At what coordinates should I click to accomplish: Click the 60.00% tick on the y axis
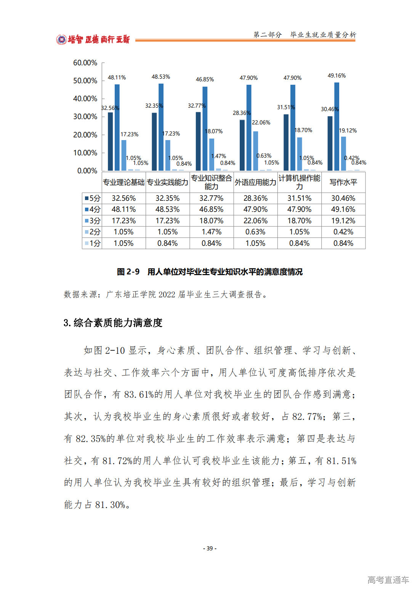click(85, 63)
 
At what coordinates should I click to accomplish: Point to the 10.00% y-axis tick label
click(85, 153)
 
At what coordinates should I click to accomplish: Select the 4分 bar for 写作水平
click(337, 126)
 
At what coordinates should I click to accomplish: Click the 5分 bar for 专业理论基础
click(111, 141)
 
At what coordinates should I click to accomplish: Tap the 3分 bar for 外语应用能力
click(256, 151)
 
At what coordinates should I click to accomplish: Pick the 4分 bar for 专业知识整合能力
click(205, 128)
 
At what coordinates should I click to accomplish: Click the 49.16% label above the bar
click(337, 76)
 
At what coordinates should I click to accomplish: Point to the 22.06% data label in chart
click(261, 123)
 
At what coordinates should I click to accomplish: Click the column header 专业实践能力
click(168, 182)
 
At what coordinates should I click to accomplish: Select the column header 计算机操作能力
click(299, 182)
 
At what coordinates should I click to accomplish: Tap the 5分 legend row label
click(93, 198)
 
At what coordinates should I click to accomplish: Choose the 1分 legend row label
click(93, 243)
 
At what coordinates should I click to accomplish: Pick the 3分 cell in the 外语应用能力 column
click(255, 221)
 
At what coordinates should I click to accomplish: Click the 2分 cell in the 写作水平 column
click(343, 232)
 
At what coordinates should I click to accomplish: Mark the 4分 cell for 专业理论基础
click(123, 210)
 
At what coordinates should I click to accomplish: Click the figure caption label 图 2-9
click(128, 272)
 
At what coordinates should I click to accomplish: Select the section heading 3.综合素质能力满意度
click(113, 323)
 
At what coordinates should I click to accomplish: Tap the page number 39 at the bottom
click(210, 548)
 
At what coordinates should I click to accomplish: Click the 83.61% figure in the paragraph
click(138, 394)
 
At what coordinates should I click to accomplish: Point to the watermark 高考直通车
click(388, 580)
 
